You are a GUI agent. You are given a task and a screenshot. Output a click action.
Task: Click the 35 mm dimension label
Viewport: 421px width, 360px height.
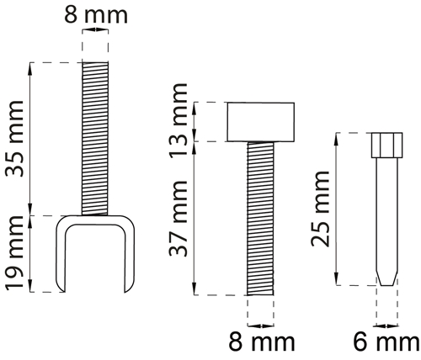tap(14, 139)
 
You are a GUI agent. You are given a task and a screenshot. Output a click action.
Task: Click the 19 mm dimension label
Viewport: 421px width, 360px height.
tap(14, 252)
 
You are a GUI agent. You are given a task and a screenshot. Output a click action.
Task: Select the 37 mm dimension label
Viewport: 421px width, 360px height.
tap(178, 219)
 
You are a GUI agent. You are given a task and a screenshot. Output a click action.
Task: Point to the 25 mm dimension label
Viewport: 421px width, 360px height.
tap(320, 209)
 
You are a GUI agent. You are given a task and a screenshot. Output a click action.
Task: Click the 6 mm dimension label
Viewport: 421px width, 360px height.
tap(386, 342)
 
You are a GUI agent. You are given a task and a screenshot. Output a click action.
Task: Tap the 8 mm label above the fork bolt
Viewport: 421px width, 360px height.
tap(96, 14)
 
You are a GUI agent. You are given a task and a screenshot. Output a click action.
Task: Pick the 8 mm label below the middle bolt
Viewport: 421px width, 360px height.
tap(262, 341)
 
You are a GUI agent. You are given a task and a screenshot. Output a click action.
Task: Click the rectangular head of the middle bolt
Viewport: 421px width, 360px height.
tap(261, 122)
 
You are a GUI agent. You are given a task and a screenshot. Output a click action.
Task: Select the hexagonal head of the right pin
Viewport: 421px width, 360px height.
tap(387, 146)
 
